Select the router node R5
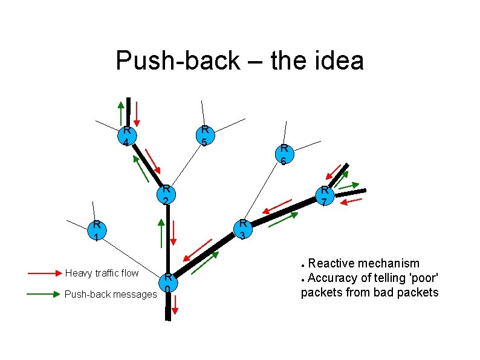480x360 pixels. (x=205, y=136)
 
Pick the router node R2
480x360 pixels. (x=165, y=194)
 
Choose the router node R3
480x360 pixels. (x=242, y=229)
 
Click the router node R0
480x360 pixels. (x=169, y=283)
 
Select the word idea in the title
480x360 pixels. (x=339, y=61)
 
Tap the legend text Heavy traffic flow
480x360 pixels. (x=102, y=273)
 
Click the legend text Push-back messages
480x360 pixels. (x=110, y=294)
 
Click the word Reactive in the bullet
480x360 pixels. (x=331, y=263)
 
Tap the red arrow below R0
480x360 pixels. (x=175, y=306)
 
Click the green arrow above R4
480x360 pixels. (x=121, y=113)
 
